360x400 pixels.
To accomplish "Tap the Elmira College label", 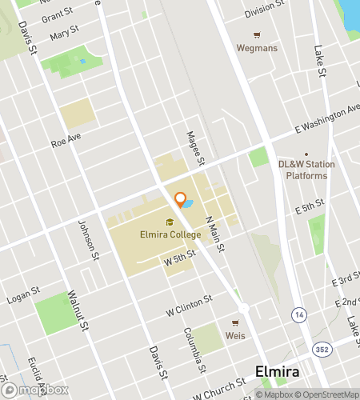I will pyautogui.click(x=170, y=235).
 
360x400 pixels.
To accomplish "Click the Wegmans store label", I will pyautogui.click(x=256, y=47).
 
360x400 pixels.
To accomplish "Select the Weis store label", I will pyautogui.click(x=235, y=334).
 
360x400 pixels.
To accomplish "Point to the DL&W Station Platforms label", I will pyautogui.click(x=303, y=170).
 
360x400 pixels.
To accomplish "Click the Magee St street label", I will pyautogui.click(x=191, y=147).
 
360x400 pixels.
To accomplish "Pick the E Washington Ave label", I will pyautogui.click(x=327, y=121).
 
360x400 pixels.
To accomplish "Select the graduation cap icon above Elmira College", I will pyautogui.click(x=170, y=222).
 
